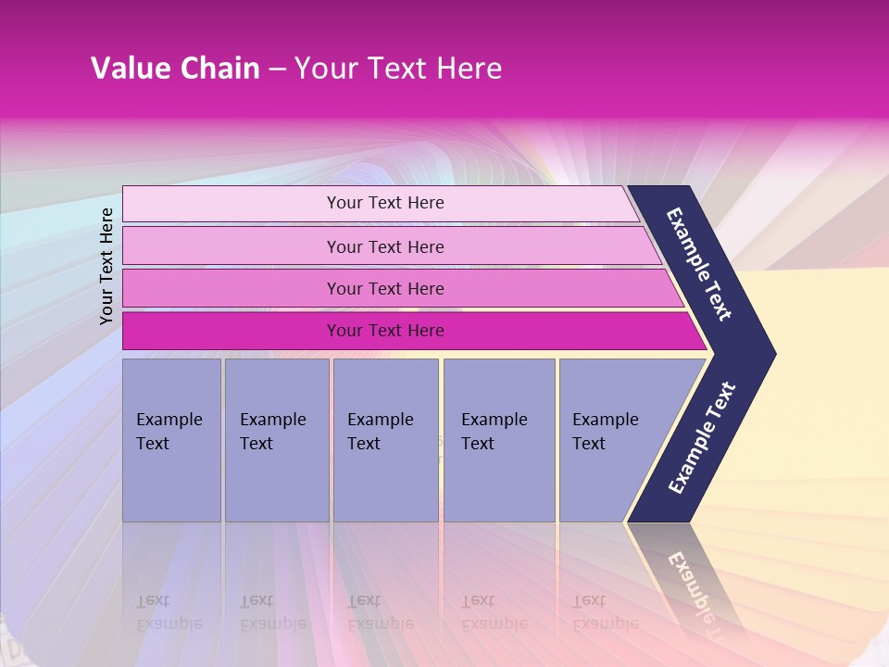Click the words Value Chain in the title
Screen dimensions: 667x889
point(175,69)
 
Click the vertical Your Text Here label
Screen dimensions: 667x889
point(106,266)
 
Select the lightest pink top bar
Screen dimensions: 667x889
point(232,204)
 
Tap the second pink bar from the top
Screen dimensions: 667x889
point(232,246)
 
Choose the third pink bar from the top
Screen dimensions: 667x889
point(232,288)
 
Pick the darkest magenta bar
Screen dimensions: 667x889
point(232,331)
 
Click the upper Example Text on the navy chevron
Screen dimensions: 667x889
point(699,264)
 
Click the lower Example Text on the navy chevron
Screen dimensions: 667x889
point(702,438)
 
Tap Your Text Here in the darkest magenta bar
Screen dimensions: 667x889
point(385,331)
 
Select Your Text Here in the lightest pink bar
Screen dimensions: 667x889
point(385,203)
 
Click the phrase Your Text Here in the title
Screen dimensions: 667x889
point(398,69)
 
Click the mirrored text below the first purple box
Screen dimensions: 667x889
point(169,612)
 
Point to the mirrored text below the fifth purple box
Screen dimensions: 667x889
point(605,612)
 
